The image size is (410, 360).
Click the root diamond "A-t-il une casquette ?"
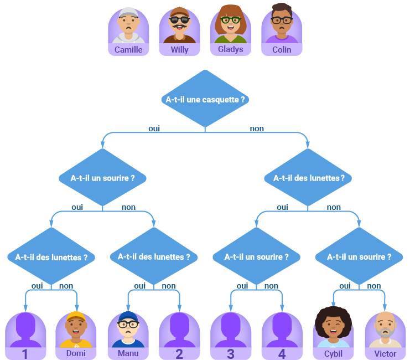[205, 99]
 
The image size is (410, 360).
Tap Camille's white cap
[128, 12]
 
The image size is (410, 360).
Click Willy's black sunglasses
[179, 19]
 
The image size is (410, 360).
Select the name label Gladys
[230, 49]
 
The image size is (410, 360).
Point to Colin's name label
[282, 49]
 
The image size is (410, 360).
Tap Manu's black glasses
[128, 325]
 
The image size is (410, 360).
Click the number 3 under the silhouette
[230, 354]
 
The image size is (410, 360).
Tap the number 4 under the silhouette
[282, 354]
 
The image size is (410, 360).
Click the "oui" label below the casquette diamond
[154, 128]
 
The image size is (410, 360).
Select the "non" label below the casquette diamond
[257, 128]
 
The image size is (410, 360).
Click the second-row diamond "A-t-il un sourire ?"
[102, 178]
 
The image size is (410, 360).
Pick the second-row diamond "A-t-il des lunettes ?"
[308, 178]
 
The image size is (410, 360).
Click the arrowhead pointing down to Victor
[385, 307]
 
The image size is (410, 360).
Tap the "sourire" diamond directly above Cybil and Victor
[359, 256]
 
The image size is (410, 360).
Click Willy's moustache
[179, 26]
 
